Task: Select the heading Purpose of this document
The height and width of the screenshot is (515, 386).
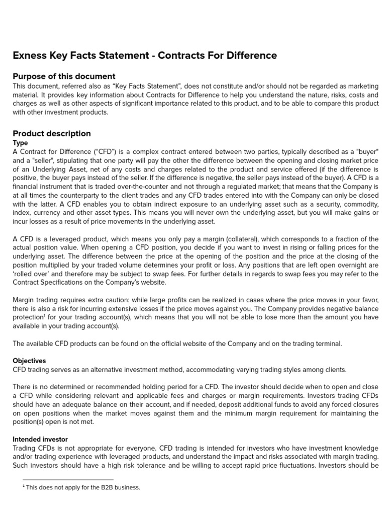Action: (x=64, y=76)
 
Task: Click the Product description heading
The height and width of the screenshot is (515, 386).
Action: (x=52, y=133)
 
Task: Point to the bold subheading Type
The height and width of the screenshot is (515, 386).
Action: (x=20, y=143)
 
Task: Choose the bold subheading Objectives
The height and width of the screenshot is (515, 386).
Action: (x=29, y=361)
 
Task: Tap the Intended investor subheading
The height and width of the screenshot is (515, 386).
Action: (x=40, y=439)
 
